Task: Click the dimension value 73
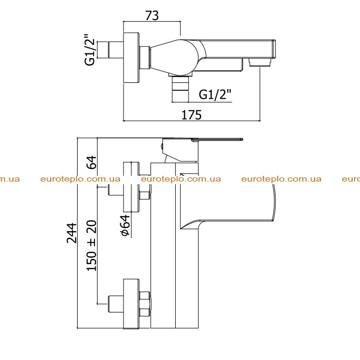152,16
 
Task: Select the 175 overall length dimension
192,115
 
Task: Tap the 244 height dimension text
72,233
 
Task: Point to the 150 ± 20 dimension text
92,245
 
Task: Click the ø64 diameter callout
125,225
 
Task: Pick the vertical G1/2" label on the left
90,50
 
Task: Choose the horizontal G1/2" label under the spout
215,94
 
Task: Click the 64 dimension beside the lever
92,163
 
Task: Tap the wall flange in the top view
131,58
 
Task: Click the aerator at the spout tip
261,62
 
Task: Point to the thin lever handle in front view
217,139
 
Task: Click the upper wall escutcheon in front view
131,187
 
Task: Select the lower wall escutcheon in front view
131,304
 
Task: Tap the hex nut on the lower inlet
145,304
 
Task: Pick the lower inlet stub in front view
116,304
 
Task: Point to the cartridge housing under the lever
180,150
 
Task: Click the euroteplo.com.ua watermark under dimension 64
80,179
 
